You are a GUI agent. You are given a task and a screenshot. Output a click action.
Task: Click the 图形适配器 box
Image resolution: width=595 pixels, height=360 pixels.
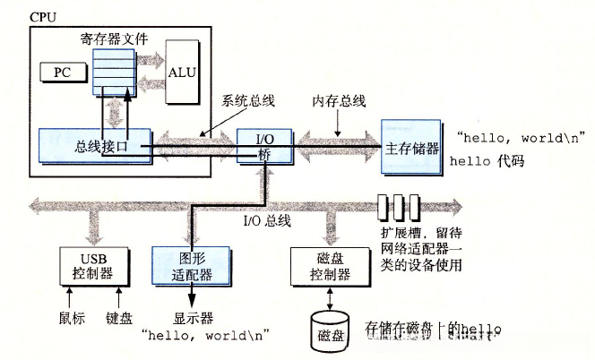click(190, 266)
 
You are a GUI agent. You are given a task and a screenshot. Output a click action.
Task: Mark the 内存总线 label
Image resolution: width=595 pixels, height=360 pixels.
click(339, 100)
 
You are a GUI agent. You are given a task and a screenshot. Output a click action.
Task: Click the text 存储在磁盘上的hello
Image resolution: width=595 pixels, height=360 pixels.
click(428, 329)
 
